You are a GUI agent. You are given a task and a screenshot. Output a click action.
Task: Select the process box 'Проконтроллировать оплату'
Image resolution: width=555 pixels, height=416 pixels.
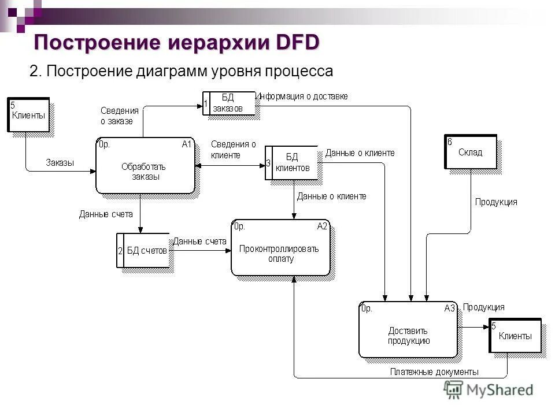pyautogui.click(x=280, y=248)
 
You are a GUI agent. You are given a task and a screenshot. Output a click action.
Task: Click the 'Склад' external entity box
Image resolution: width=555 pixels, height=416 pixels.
pyautogui.click(x=470, y=152)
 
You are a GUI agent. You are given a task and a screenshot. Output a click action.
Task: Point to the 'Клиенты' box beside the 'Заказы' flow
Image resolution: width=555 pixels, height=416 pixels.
pyautogui.click(x=28, y=115)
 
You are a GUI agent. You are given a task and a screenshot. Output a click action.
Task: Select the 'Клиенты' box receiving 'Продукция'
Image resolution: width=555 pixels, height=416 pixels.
pyautogui.click(x=515, y=335)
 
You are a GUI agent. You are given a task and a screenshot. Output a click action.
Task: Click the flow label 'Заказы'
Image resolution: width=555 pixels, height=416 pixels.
pyautogui.click(x=60, y=163)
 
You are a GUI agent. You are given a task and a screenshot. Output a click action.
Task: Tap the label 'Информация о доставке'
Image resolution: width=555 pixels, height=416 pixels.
pyautogui.click(x=303, y=96)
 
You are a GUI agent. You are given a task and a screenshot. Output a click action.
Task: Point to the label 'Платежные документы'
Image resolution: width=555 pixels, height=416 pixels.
pyautogui.click(x=434, y=372)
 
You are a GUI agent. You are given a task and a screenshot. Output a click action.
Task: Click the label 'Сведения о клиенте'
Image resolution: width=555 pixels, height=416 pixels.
pyautogui.click(x=233, y=149)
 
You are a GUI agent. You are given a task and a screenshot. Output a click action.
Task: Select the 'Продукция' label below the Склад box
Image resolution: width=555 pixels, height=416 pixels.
pyautogui.click(x=496, y=202)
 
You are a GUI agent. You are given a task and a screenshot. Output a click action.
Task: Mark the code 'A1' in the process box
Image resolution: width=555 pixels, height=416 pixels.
pyautogui.click(x=186, y=144)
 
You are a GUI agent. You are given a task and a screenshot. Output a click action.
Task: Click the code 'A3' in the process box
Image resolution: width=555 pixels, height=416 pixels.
pyautogui.click(x=450, y=309)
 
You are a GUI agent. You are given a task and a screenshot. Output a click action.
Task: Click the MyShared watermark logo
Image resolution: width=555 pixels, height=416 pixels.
pyautogui.click(x=489, y=390)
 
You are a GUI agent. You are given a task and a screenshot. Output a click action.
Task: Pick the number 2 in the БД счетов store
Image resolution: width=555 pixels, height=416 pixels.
pyautogui.click(x=120, y=251)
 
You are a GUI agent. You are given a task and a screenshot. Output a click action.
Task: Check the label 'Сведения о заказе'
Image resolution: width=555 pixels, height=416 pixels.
pyautogui.click(x=120, y=116)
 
